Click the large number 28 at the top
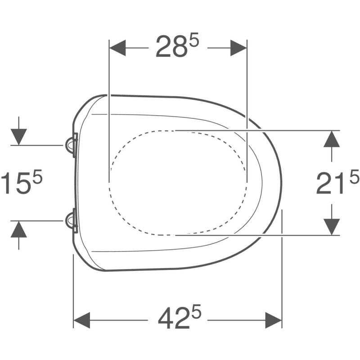click(171, 47)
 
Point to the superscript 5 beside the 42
click(196, 311)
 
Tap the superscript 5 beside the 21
click(354, 176)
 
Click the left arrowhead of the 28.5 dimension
click(117, 48)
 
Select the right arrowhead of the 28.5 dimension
click(238, 48)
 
